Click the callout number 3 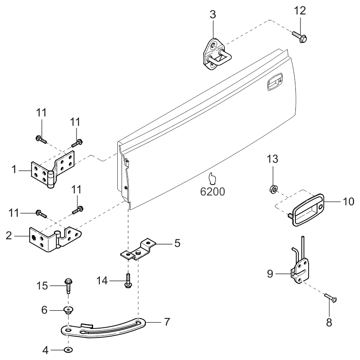[x=213, y=14]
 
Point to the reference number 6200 [x=213, y=191]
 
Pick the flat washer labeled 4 [x=68, y=350]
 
